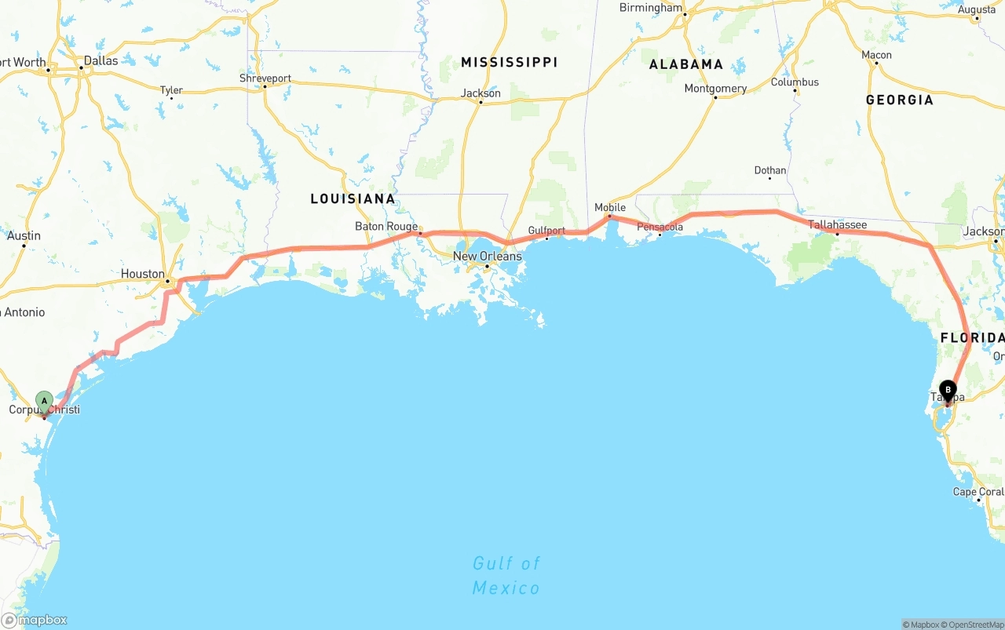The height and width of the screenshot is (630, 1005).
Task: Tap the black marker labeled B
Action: [948, 390]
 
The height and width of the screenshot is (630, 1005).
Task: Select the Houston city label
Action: [143, 274]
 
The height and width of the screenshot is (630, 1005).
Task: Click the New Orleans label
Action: [487, 256]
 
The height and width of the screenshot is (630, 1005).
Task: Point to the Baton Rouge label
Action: [386, 227]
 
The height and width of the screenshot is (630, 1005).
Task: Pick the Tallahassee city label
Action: [838, 225]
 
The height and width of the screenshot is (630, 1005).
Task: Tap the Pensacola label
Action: [660, 228]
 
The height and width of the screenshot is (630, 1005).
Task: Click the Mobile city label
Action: [610, 208]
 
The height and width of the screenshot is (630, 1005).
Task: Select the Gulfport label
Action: [546, 231]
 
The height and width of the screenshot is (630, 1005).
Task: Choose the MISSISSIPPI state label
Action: [509, 62]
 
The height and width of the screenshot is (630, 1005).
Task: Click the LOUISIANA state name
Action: [353, 198]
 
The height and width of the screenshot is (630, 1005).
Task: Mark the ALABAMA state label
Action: [685, 64]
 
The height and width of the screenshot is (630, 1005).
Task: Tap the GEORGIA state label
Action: [900, 100]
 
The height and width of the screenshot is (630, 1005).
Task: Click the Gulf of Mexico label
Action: [506, 575]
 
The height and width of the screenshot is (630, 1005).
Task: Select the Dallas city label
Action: [100, 60]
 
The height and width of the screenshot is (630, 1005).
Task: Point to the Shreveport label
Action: [265, 78]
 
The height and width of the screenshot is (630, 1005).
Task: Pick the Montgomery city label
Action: [715, 89]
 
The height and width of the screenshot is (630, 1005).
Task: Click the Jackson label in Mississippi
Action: [481, 93]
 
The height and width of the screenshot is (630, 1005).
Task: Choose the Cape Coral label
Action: [978, 492]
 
